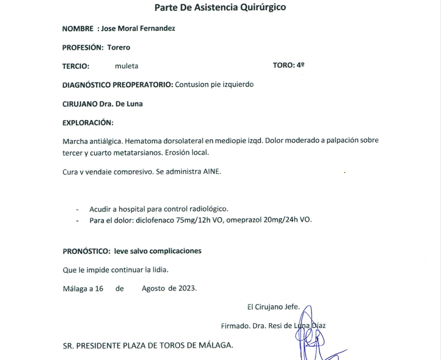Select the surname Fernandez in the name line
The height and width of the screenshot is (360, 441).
156,29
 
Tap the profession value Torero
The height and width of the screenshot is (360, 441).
119,47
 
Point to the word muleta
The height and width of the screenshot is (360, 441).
126,66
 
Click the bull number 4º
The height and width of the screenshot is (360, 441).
300,65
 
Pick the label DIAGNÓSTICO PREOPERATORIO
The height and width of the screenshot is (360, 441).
117,85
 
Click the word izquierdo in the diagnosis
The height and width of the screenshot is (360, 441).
239,85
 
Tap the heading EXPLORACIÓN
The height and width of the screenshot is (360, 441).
87,123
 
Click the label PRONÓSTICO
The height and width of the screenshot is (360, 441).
86,251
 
